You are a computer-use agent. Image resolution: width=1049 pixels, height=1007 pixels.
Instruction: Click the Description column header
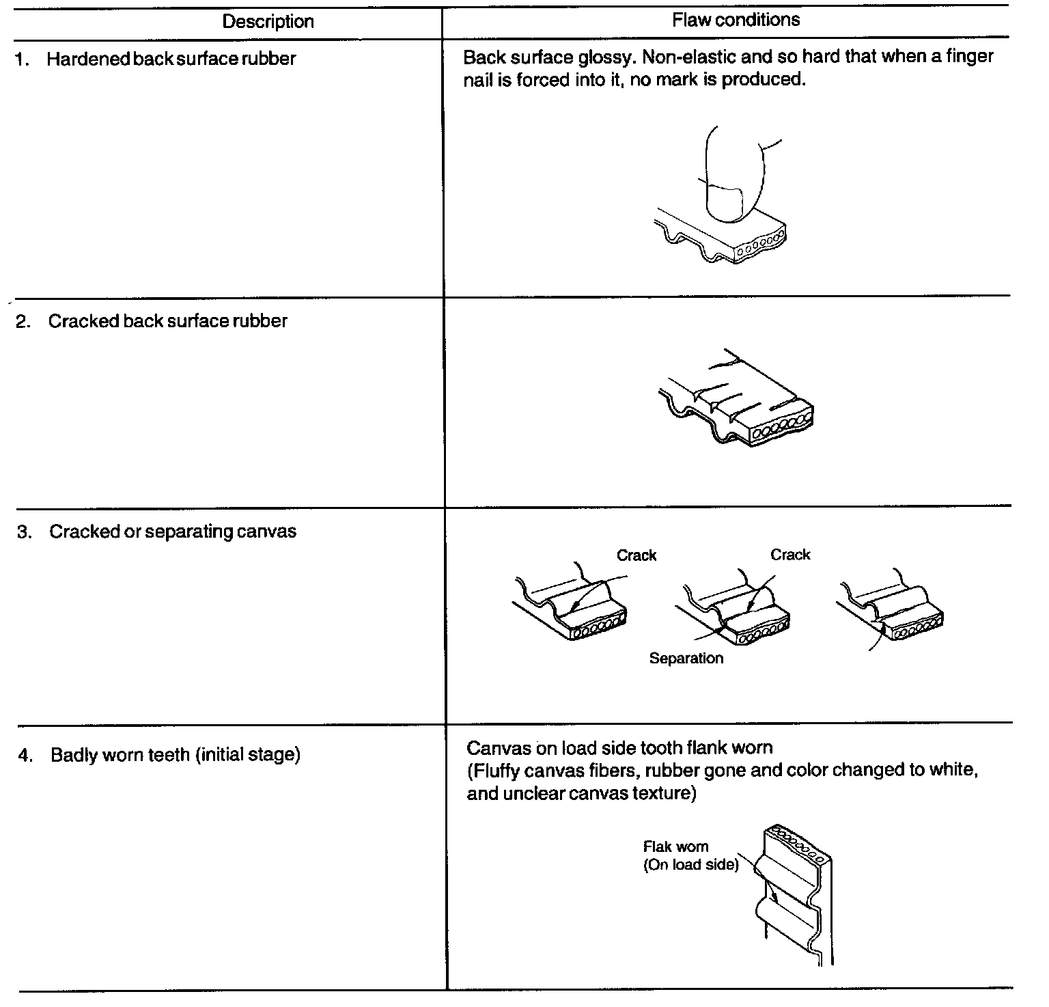click(x=268, y=22)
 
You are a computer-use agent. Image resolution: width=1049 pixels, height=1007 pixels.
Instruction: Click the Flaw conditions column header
click(x=736, y=20)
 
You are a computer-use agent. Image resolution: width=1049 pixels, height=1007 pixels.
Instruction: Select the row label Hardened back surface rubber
click(x=171, y=59)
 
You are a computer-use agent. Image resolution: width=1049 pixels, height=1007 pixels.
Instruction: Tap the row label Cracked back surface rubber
click(x=167, y=321)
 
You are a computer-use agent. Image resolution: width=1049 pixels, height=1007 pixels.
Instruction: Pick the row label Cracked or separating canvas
click(x=172, y=532)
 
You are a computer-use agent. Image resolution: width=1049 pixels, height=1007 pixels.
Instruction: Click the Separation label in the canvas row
click(x=686, y=659)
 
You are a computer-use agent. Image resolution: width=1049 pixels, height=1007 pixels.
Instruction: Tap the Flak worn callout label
click(x=675, y=847)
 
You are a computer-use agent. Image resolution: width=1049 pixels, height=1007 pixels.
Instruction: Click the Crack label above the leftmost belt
click(x=636, y=555)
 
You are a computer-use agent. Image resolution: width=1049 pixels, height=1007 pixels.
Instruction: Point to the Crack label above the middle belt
click(x=790, y=555)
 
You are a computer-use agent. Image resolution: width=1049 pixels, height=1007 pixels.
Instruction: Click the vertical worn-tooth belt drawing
click(x=796, y=895)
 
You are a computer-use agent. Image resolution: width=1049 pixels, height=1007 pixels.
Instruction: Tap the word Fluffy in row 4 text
click(x=496, y=771)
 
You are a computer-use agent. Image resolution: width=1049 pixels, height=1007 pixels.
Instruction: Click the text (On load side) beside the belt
click(x=690, y=865)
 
